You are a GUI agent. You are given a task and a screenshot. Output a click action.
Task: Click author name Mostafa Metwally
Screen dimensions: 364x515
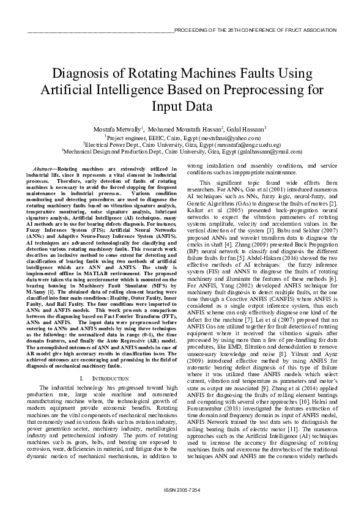point(119,130)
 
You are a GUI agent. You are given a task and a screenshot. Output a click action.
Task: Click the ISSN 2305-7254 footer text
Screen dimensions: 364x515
point(182,491)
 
